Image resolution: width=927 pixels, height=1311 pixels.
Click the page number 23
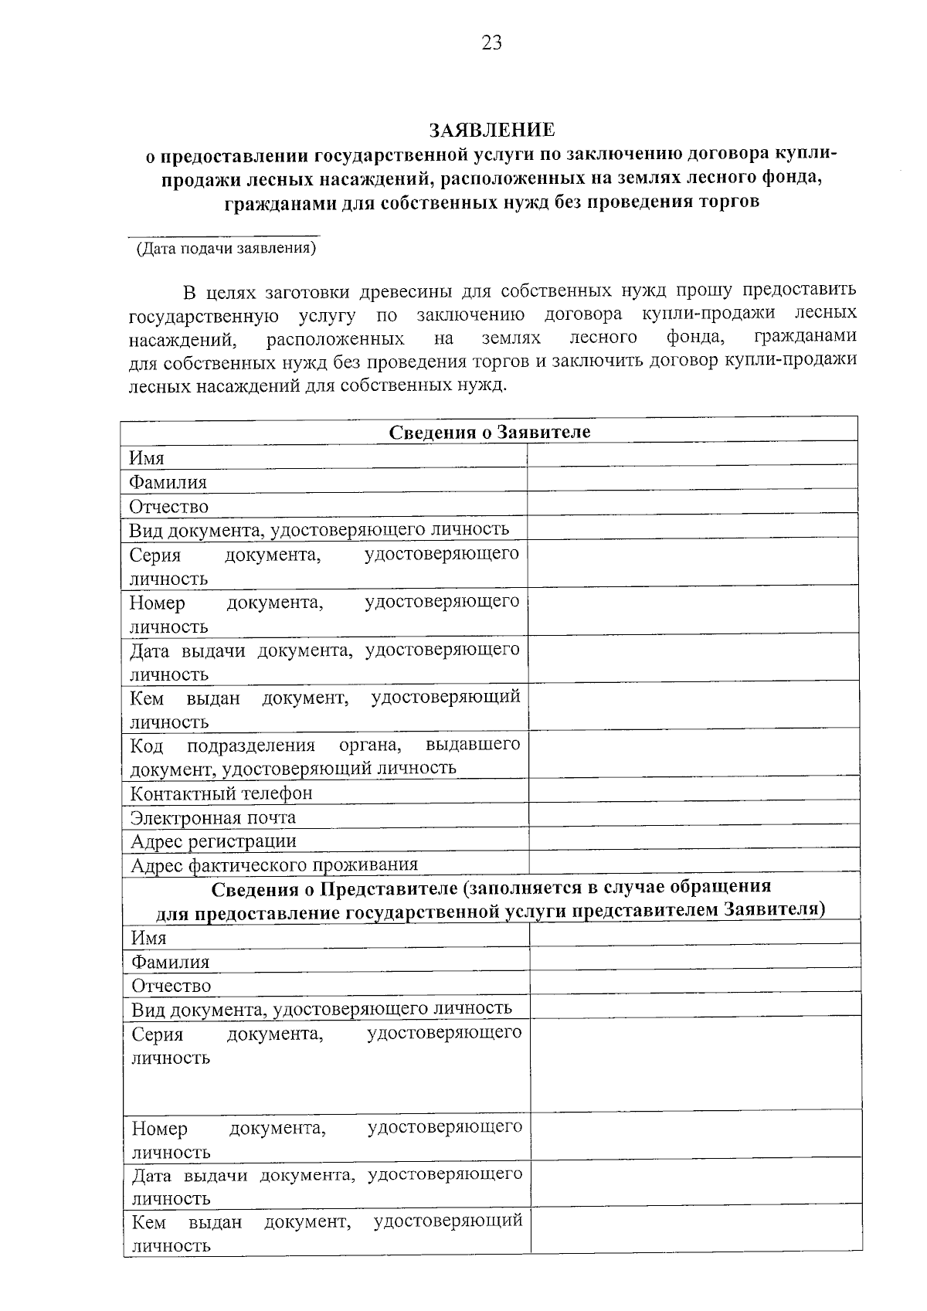[x=491, y=43]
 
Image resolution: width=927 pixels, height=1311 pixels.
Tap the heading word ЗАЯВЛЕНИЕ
[x=492, y=129]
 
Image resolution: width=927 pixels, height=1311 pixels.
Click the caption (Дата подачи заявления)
[x=226, y=249]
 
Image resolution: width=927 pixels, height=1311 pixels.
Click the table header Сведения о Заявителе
[x=489, y=432]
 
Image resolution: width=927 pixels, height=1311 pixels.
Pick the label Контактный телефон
[x=221, y=793]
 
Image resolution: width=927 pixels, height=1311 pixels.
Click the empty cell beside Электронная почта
[x=694, y=813]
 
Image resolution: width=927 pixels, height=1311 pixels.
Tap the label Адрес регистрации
[x=213, y=841]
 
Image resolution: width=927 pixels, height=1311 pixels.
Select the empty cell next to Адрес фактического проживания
[x=694, y=861]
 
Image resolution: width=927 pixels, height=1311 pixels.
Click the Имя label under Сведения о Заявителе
[x=146, y=458]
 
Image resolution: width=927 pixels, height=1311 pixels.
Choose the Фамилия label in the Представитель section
[x=170, y=963]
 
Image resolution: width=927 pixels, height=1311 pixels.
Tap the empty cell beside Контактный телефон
[x=694, y=790]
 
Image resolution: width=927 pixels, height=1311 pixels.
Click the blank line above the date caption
[x=223, y=235]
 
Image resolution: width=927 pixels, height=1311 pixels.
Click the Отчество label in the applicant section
[x=168, y=507]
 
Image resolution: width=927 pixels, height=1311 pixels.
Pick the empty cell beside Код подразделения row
[x=694, y=753]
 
